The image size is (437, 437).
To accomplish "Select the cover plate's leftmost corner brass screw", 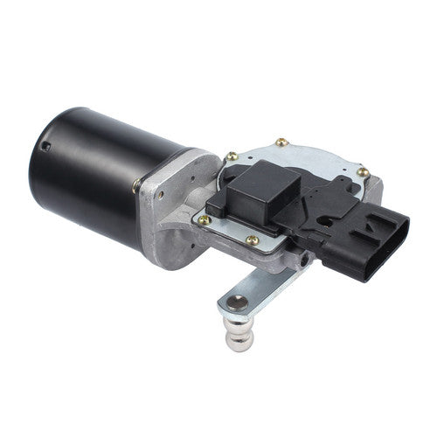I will click(205, 218).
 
